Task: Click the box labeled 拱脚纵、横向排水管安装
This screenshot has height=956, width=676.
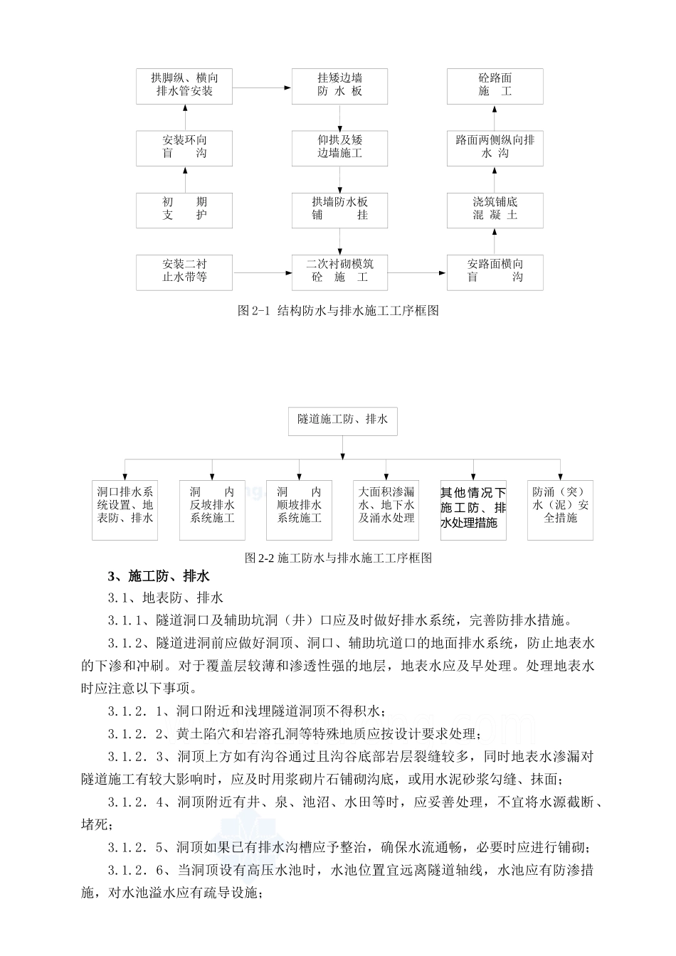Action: click(x=184, y=85)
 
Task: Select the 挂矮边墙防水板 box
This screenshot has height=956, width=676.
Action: click(x=339, y=85)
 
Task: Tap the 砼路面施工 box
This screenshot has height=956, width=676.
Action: click(x=495, y=85)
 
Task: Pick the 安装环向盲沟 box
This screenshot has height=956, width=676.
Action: click(x=184, y=147)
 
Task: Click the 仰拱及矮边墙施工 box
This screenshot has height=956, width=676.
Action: click(x=339, y=147)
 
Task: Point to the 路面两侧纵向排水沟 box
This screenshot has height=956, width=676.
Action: click(x=495, y=147)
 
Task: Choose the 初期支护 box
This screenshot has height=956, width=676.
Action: click(x=184, y=209)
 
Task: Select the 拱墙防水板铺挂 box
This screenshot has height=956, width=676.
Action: click(x=339, y=209)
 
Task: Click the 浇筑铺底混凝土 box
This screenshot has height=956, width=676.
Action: click(x=495, y=209)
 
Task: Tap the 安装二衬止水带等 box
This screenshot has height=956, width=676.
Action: click(x=184, y=271)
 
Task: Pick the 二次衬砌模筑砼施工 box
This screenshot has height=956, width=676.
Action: click(x=339, y=271)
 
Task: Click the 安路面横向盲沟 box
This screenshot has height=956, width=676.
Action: click(x=495, y=271)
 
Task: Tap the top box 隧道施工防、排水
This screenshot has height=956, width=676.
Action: click(x=342, y=421)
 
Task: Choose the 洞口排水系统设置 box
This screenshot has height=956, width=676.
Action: click(x=125, y=506)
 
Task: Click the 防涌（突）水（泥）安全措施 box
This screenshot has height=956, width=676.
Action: click(x=560, y=506)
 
